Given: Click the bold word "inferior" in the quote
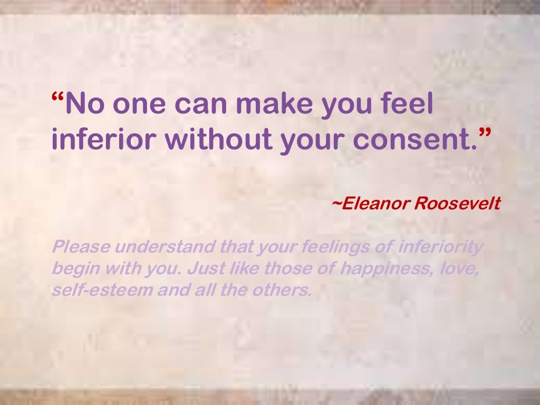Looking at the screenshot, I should (x=104, y=140).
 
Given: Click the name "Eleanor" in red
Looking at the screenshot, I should (x=375, y=204).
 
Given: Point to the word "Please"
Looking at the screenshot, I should (x=80, y=246).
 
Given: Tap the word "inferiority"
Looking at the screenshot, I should (x=441, y=246).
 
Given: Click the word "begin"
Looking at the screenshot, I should (x=74, y=269).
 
